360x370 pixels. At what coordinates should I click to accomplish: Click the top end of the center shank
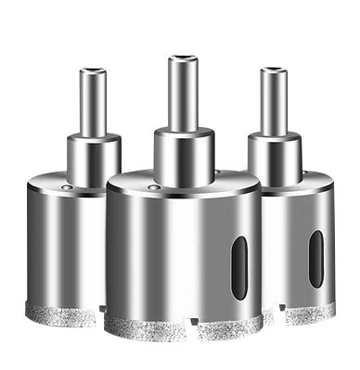pos(180,58)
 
